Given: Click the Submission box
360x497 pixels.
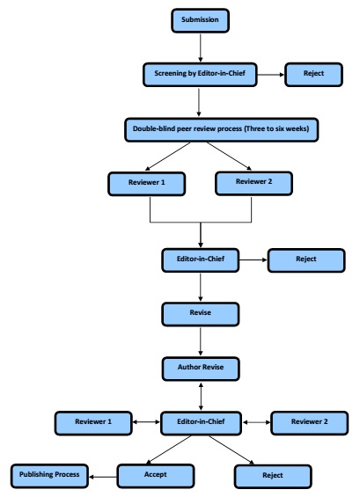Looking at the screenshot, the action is click(200, 20).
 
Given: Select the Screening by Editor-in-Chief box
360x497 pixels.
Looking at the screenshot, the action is click(200, 75).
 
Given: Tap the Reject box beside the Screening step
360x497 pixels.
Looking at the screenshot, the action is click(313, 75).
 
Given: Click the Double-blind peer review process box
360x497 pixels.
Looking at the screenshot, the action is click(222, 129).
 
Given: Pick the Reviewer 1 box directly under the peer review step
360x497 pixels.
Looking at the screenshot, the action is click(146, 184).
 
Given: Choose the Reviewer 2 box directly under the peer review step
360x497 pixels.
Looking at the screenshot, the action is click(253, 183).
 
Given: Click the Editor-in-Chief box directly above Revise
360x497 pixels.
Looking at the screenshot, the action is click(201, 259).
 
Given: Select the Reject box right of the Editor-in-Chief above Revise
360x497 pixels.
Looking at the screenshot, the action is click(306, 260).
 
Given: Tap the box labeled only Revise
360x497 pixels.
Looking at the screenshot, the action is click(201, 314).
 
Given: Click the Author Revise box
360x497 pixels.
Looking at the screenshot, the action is click(201, 369).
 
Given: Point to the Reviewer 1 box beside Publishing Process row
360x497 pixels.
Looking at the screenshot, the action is click(93, 423).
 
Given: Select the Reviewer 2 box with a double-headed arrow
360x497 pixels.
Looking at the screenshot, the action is click(310, 423).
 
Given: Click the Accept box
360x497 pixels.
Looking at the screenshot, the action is click(156, 476).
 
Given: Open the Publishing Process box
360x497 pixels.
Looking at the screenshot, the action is click(49, 476).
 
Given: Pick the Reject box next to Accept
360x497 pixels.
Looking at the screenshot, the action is click(273, 477).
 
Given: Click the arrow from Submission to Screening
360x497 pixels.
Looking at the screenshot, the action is click(200, 48).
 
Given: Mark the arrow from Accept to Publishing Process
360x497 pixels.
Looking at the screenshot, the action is click(103, 477).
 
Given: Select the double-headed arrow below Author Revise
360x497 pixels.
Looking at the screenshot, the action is click(201, 396).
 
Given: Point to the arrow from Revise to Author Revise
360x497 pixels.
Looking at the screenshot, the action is click(201, 341).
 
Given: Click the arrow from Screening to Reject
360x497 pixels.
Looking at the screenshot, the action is click(271, 75).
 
